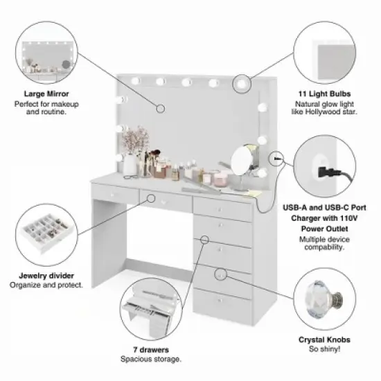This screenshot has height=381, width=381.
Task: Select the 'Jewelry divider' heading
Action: click(x=46, y=276)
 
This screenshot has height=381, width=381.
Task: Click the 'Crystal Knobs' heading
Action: click(x=324, y=340)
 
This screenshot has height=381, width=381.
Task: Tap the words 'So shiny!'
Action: click(x=324, y=351)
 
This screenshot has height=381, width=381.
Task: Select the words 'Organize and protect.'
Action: click(x=46, y=285)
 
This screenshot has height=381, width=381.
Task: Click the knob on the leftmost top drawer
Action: click(x=114, y=195)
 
